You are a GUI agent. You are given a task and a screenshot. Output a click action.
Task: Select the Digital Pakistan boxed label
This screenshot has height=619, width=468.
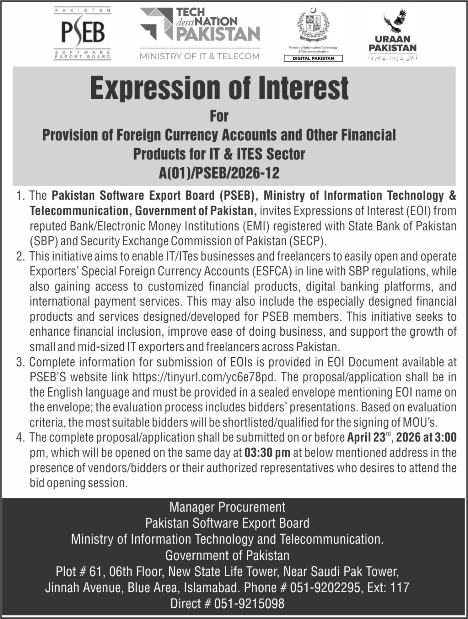tap(314, 58)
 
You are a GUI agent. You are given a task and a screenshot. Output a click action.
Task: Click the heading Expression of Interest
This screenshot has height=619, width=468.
tap(219, 88)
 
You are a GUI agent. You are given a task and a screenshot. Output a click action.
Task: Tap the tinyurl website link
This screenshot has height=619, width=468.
tap(206, 377)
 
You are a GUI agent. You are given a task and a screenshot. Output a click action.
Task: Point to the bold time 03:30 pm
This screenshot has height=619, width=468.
tap(267, 453)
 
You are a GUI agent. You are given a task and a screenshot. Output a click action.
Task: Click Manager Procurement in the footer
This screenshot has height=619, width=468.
tap(227, 507)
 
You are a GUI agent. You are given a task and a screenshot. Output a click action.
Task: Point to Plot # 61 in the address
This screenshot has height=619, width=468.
tap(77, 571)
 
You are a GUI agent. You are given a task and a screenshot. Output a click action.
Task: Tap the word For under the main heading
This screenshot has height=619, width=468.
tap(219, 116)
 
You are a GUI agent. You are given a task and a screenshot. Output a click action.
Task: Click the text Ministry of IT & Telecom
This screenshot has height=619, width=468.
tap(200, 56)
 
